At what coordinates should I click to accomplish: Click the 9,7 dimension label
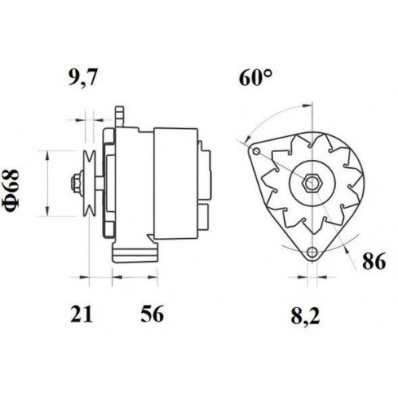(x=82, y=77)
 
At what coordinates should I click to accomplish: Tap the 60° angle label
(x=256, y=78)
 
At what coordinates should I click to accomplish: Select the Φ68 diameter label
(x=12, y=189)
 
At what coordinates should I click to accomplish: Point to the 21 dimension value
(x=81, y=314)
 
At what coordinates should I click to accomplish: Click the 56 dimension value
(x=152, y=314)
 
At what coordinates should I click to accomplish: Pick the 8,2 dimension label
(x=306, y=316)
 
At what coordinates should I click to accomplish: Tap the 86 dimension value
(x=374, y=261)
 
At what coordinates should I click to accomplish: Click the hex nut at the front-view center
(x=312, y=182)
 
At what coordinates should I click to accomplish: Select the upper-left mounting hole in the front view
(x=256, y=151)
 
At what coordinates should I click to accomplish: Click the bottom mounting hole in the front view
(x=313, y=252)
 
